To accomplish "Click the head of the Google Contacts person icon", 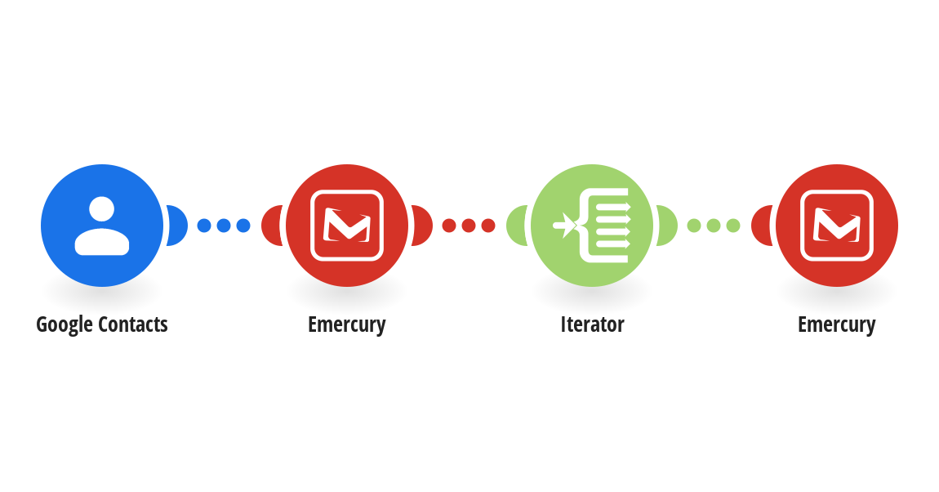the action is pyautogui.click(x=102, y=209).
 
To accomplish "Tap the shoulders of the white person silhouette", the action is pyautogui.click(x=102, y=242).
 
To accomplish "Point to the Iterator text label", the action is pyautogui.click(x=592, y=324).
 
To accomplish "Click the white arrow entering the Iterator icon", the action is pyautogui.click(x=563, y=226).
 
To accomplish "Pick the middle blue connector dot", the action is pyautogui.click(x=224, y=226).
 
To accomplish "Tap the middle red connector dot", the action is pyautogui.click(x=469, y=226).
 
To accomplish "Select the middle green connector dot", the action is pyautogui.click(x=714, y=226).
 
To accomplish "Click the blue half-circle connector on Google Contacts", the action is pyautogui.click(x=176, y=226).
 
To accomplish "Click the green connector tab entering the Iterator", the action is pyautogui.click(x=517, y=226).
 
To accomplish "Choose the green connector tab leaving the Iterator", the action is pyautogui.click(x=667, y=226).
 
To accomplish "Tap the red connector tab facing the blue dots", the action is pyautogui.click(x=272, y=226).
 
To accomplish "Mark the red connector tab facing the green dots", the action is pyautogui.click(x=762, y=226).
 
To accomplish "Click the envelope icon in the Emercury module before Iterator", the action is pyautogui.click(x=347, y=226).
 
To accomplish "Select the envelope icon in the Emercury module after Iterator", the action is pyautogui.click(x=837, y=226).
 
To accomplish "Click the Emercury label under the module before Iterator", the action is pyautogui.click(x=347, y=324).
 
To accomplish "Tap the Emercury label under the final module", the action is pyautogui.click(x=837, y=324).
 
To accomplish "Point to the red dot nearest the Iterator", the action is pyautogui.click(x=488, y=226).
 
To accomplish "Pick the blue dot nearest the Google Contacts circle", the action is pyautogui.click(x=204, y=226).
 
